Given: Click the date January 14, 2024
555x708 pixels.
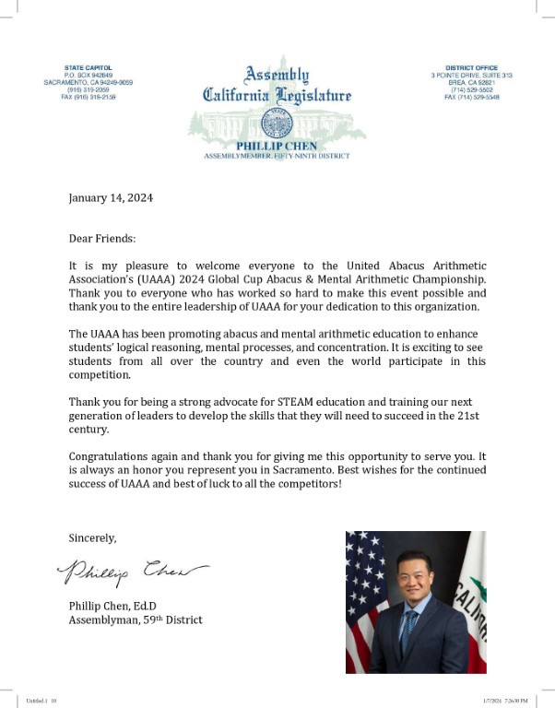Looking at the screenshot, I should tap(112, 197).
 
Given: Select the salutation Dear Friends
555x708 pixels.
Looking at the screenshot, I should tap(102, 238).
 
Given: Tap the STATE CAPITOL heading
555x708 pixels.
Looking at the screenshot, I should tap(89, 68).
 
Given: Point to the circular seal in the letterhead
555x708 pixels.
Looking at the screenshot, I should tap(277, 123).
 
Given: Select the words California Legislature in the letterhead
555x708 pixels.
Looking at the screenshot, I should tap(277, 94).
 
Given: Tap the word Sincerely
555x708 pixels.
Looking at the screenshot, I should tap(93, 537).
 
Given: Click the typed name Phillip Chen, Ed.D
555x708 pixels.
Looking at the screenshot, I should tap(116, 606).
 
